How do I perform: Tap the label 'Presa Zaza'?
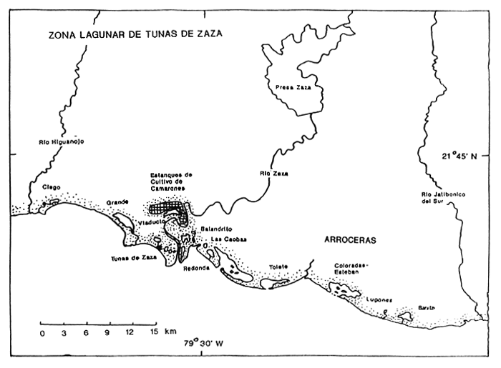(x=293, y=88)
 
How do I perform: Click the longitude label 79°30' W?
(x=203, y=342)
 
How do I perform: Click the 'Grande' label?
(x=117, y=202)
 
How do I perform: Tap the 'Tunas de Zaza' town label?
(x=133, y=258)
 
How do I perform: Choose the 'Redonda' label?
(x=195, y=269)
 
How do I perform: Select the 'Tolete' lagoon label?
(x=278, y=267)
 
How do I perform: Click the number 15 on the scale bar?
(x=154, y=333)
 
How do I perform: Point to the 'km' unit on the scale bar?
(x=170, y=333)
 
